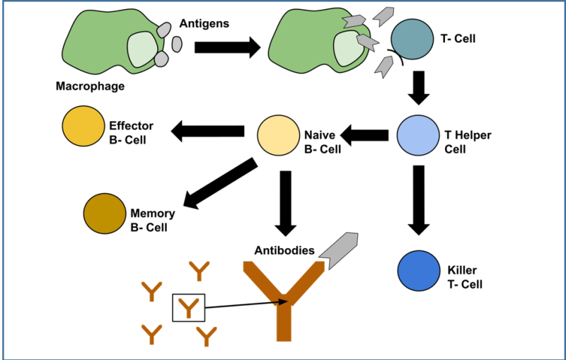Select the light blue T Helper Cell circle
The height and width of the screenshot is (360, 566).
418,134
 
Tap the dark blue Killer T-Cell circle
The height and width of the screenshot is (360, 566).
419,270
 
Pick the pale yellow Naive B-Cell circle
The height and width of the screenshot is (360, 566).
278,135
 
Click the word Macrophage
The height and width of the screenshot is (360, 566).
90,87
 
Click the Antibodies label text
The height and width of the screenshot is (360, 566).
284,250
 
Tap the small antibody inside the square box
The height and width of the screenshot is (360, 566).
188,308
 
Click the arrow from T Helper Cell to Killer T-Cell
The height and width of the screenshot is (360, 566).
418,199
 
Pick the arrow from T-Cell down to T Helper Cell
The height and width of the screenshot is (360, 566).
419,86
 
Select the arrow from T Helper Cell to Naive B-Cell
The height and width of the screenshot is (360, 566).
365,134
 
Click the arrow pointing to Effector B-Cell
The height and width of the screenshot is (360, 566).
208,130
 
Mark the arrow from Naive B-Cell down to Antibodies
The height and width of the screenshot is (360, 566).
285,203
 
